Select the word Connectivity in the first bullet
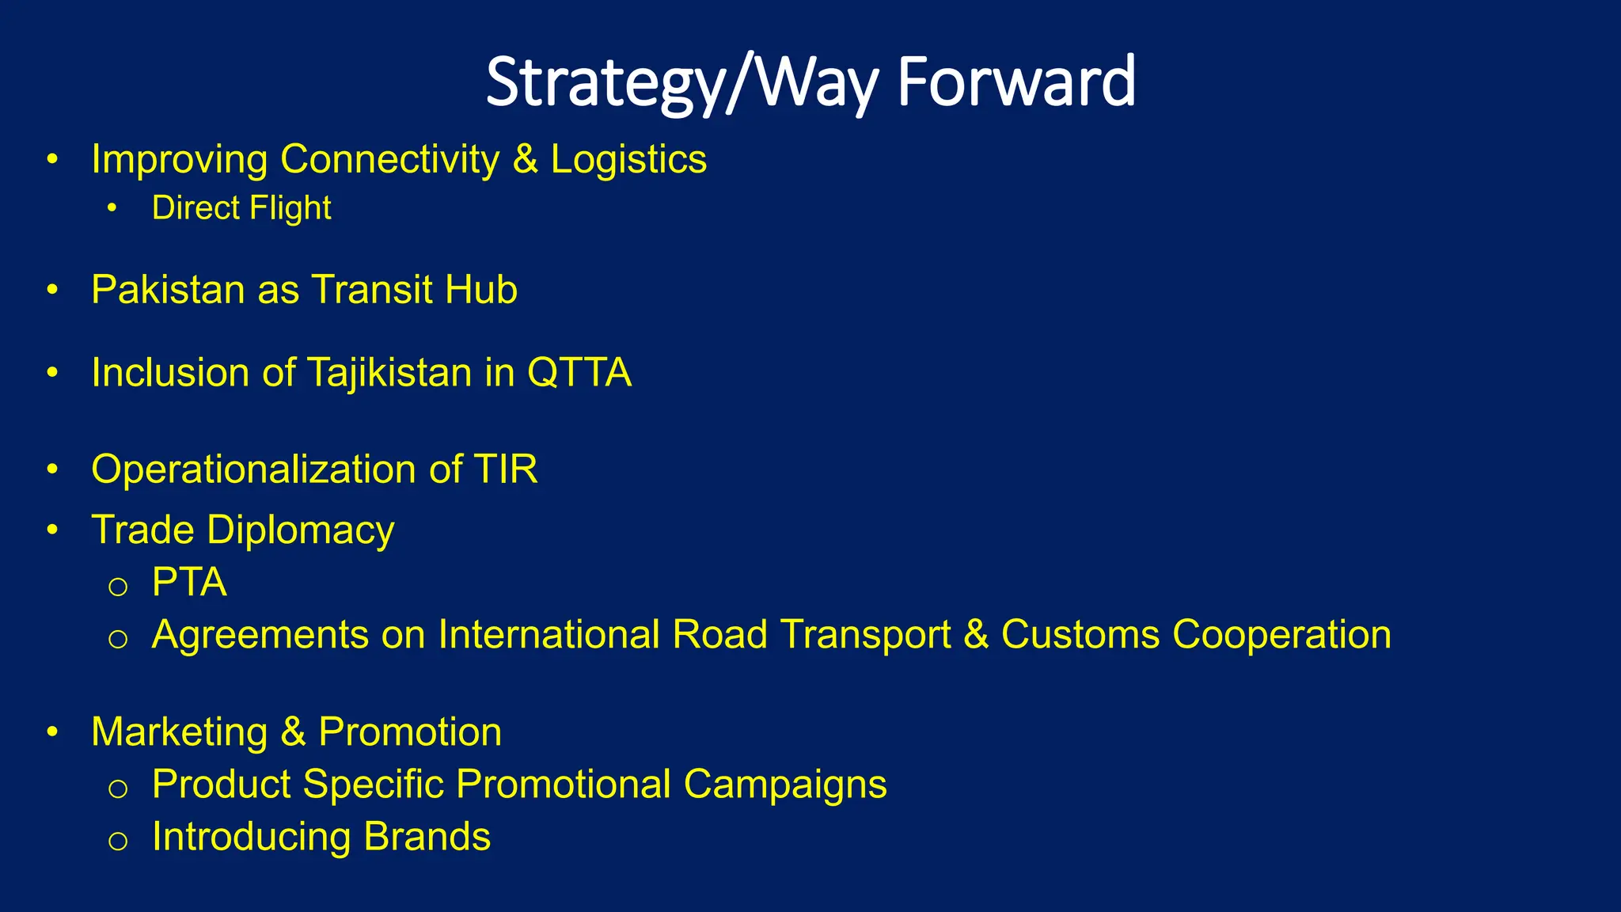coord(389,159)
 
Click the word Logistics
coord(628,159)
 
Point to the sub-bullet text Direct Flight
coord(241,208)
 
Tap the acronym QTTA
coord(579,373)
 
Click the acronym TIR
coord(506,469)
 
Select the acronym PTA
coord(189,583)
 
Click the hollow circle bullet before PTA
coord(118,587)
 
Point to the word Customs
coord(1080,635)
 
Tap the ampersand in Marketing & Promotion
coord(293,732)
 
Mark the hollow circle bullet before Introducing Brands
coord(118,841)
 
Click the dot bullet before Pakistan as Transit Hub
coord(52,291)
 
